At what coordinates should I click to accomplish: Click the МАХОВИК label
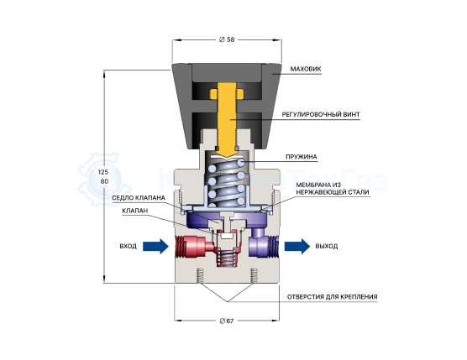coord(306,69)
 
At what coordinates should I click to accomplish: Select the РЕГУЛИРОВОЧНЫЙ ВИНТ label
coord(321,114)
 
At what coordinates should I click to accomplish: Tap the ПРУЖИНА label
coord(301,157)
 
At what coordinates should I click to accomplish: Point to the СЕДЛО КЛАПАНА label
coord(139,198)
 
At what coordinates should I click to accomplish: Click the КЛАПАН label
coord(135,211)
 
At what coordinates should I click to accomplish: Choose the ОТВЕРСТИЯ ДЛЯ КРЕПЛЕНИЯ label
coord(332,297)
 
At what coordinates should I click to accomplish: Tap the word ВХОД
coord(128,247)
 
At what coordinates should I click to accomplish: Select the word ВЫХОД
coord(327,247)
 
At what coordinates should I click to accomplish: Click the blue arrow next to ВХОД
coord(155,247)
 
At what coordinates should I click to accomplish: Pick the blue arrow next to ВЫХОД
coord(297,247)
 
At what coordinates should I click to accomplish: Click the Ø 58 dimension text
coord(227,39)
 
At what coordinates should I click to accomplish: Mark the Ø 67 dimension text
coord(227,321)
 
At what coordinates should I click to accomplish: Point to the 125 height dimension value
coord(103,172)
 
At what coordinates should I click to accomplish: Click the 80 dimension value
coord(104,181)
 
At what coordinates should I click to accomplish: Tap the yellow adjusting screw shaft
coord(227,119)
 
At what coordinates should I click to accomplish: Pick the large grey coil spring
coord(227,182)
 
